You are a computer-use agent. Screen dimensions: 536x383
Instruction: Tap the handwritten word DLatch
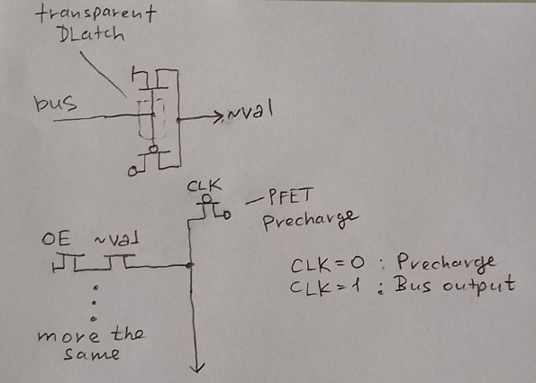pyautogui.click(x=91, y=34)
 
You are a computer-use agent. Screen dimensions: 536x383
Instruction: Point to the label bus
pyautogui.click(x=55, y=103)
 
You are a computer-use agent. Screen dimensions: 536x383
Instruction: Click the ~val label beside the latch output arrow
pyautogui.click(x=249, y=110)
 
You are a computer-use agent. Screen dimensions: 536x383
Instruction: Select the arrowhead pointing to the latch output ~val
pyautogui.click(x=218, y=117)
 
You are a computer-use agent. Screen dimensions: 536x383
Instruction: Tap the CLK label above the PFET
pyautogui.click(x=204, y=186)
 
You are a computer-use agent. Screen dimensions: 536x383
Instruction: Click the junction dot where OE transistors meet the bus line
pyautogui.click(x=190, y=265)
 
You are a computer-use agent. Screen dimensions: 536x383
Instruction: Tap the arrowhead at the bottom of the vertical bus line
pyautogui.click(x=197, y=368)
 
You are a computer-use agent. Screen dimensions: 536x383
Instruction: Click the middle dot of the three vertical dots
pyautogui.click(x=95, y=303)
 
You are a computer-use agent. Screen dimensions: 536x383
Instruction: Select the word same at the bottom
pyautogui.click(x=92, y=354)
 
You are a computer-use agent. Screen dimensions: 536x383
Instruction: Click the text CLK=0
pyautogui.click(x=328, y=264)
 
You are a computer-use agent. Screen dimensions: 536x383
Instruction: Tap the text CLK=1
pyautogui.click(x=324, y=287)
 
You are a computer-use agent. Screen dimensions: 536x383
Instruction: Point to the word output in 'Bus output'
pyautogui.click(x=479, y=285)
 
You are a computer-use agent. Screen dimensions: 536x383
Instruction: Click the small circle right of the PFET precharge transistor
pyautogui.click(x=227, y=214)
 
